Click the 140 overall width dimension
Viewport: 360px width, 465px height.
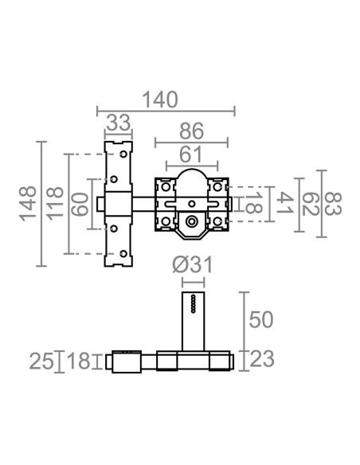pyautogui.click(x=160, y=100)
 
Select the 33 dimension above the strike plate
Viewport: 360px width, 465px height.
pyautogui.click(x=119, y=123)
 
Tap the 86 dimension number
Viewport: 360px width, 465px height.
pyautogui.click(x=192, y=131)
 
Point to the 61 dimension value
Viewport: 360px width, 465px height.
pyautogui.click(x=191, y=154)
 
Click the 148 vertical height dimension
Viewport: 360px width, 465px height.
pyautogui.click(x=28, y=204)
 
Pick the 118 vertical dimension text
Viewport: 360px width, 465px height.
pyautogui.click(x=56, y=204)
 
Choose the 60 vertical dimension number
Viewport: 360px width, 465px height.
pyautogui.click(x=80, y=204)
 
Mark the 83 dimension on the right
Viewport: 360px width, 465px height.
pyautogui.click(x=333, y=204)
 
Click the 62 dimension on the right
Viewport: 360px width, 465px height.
pyautogui.click(x=311, y=204)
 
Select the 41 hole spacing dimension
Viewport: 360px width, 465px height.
pyautogui.click(x=285, y=203)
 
